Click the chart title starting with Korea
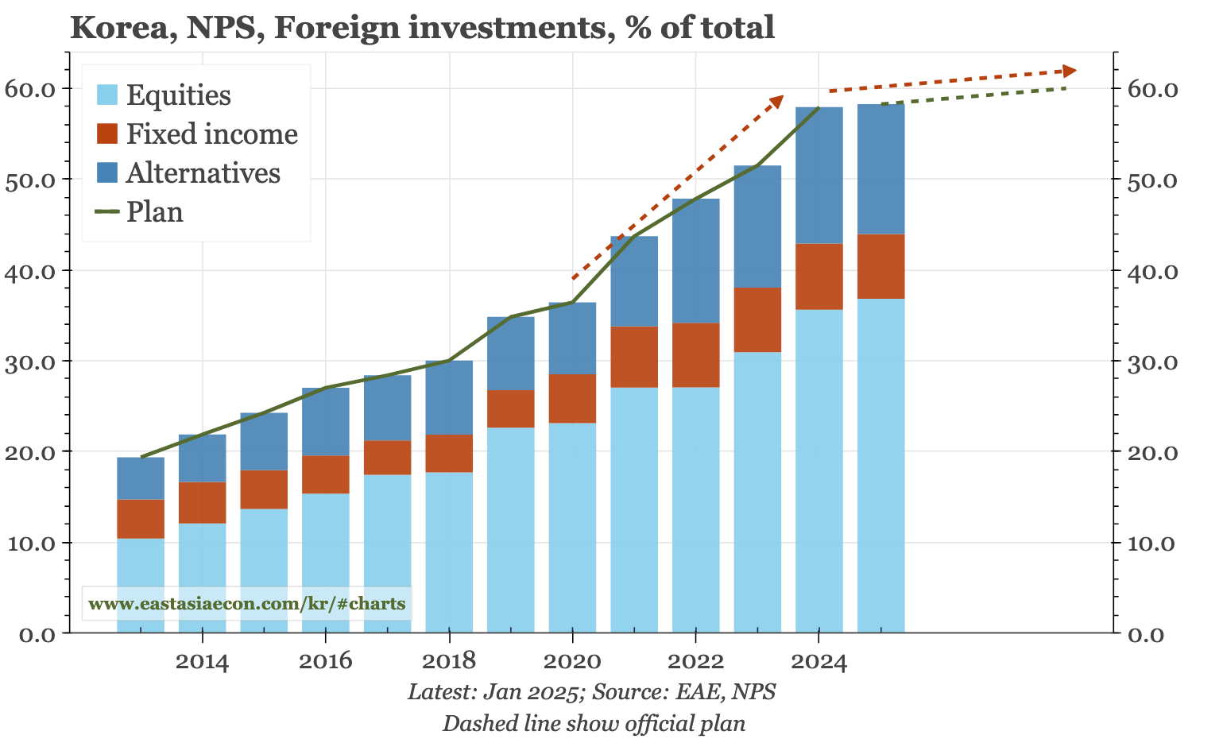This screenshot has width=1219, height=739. coord(422,28)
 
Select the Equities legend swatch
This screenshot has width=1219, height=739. coord(107,95)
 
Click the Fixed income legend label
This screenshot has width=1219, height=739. coord(211,134)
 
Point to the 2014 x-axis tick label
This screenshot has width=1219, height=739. coord(202,662)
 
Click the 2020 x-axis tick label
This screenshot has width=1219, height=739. coord(572,662)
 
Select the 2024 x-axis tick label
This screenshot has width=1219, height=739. coord(818,662)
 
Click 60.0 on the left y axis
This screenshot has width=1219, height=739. coord(29,88)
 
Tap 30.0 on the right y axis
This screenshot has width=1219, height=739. coord(1152,362)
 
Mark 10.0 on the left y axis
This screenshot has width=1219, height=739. coord(29,544)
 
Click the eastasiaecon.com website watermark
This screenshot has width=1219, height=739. coord(247,604)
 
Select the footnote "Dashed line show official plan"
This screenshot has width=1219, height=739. coord(593,724)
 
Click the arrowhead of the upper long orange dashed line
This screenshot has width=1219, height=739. coord(1070,72)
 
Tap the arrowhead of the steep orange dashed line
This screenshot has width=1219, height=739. coord(778,100)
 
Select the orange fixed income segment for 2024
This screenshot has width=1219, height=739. coord(819,277)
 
